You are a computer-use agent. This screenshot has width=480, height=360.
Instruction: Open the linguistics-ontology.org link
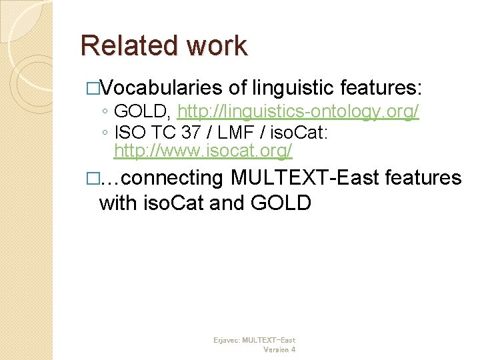[298, 111]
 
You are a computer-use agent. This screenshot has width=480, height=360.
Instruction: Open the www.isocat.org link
[203, 151]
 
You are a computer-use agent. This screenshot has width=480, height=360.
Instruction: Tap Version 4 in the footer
[279, 349]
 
